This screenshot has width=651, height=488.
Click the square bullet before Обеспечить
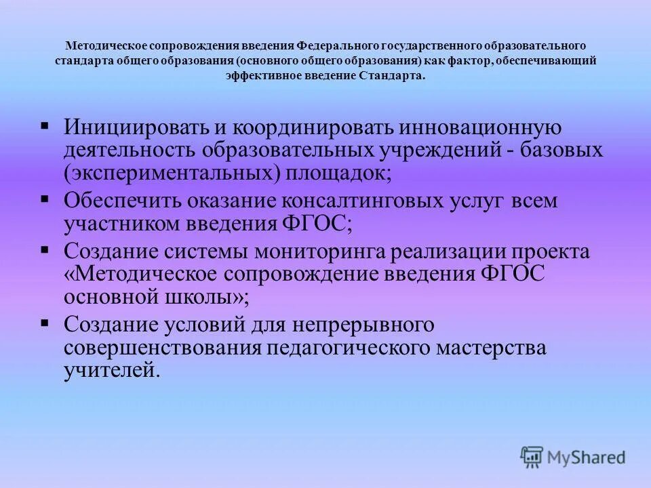click(45, 199)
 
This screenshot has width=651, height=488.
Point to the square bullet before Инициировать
click(45, 125)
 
